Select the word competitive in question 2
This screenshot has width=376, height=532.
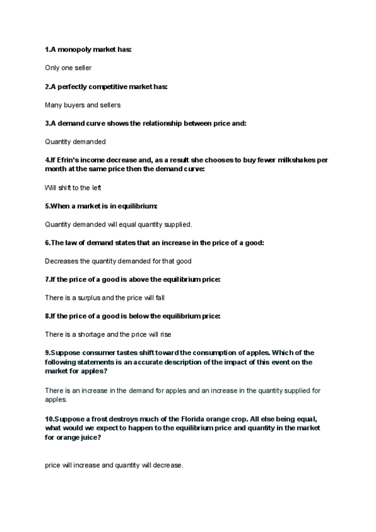click(x=99, y=86)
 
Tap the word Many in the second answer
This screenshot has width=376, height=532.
click(x=53, y=105)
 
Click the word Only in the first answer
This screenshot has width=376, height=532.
click(x=53, y=68)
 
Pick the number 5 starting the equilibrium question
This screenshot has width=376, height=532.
click(x=47, y=206)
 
